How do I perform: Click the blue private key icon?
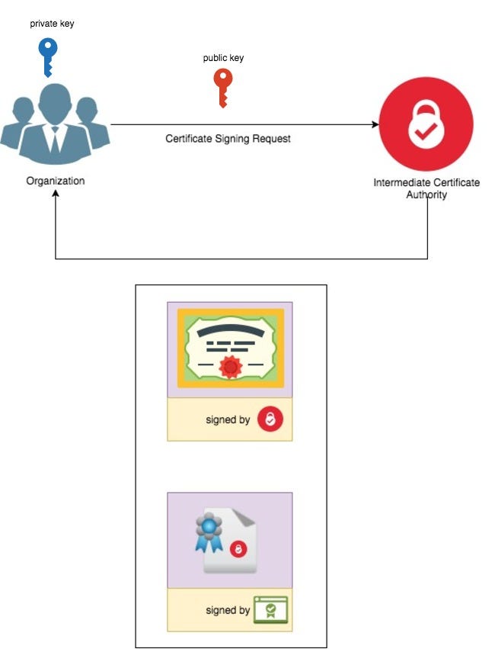coord(47,56)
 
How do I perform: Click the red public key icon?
coord(222,87)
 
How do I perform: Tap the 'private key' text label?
coord(52,24)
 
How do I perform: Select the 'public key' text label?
coord(223,58)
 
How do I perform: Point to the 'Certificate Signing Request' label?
coord(228,139)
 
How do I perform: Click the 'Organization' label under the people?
coord(56,181)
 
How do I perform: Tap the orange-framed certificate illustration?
coord(230,349)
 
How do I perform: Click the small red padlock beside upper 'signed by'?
coord(270,419)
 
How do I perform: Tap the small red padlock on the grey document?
coord(238,549)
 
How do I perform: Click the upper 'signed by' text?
coord(228,419)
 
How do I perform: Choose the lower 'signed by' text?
coord(228,610)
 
